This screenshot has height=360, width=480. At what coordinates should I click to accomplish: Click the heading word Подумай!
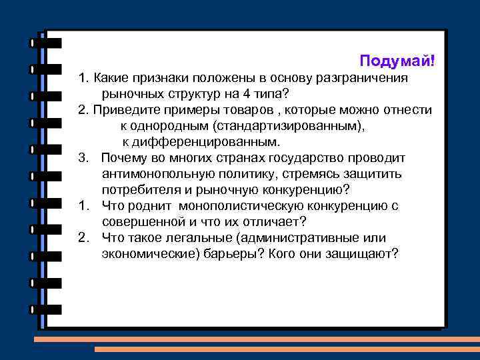coord(397,61)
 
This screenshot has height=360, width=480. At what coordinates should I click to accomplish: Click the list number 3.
coord(82,158)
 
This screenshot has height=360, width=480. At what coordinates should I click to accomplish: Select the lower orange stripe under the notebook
coord(287,349)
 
